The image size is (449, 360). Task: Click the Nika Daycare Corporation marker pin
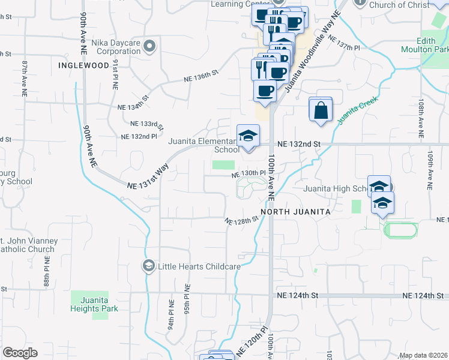click(x=150, y=46)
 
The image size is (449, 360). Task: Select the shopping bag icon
click(x=321, y=110)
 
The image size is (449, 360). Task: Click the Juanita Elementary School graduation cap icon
click(x=246, y=136)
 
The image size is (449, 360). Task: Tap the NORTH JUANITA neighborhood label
click(x=295, y=212)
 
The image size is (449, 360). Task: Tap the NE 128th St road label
click(x=241, y=220)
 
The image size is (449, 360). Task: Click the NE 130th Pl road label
click(x=249, y=173)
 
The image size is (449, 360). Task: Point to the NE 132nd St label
click(x=300, y=145)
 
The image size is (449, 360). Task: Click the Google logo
click(x=20, y=353)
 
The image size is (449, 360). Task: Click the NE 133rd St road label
click(x=147, y=124)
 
